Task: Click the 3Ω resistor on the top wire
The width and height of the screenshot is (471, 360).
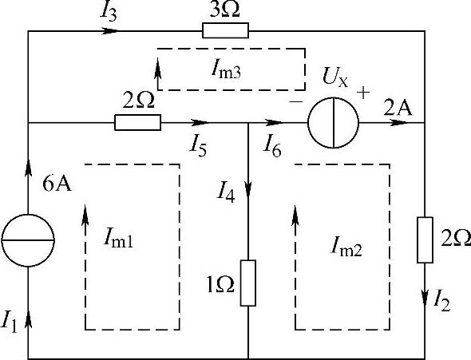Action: (226, 30)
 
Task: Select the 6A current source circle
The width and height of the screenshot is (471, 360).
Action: (28, 240)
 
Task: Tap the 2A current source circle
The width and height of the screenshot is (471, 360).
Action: (334, 122)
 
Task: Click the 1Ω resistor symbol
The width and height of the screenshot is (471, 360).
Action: (248, 283)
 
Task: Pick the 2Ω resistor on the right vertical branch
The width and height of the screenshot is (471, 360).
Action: (425, 240)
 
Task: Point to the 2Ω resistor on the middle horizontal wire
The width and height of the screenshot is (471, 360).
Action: (137, 122)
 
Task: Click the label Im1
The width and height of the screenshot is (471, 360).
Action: (118, 240)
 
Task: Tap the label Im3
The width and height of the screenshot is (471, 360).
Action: (226, 71)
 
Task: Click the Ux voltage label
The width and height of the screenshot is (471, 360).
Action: (335, 77)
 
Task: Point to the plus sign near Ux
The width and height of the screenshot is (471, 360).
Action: (363, 93)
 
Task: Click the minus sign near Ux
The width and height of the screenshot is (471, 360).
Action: (295, 102)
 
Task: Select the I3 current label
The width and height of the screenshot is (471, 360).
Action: (108, 13)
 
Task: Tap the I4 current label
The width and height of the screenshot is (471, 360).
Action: (226, 194)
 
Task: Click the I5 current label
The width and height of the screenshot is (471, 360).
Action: (198, 147)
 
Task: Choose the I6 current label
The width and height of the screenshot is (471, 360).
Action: (272, 148)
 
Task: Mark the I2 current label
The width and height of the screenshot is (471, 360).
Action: (442, 302)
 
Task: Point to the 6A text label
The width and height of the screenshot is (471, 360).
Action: (57, 184)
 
